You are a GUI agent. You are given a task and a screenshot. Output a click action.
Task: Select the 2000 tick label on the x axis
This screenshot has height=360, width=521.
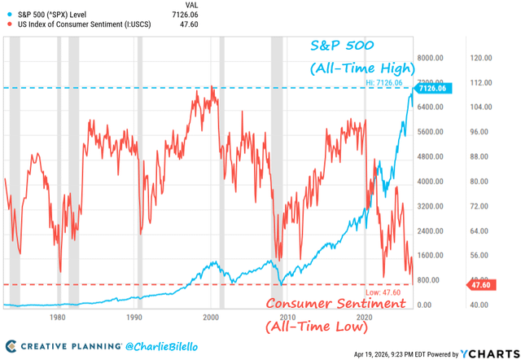[x=211, y=316]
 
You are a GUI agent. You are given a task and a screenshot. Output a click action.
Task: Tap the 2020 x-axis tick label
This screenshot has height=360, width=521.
[x=364, y=316]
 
